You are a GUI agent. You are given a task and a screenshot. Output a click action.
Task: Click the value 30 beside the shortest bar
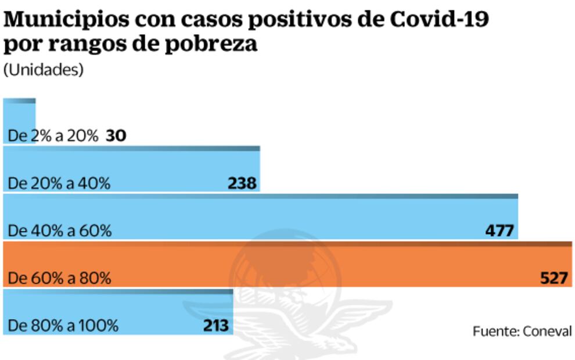click(x=116, y=136)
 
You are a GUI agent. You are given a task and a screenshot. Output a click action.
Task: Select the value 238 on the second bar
click(x=242, y=183)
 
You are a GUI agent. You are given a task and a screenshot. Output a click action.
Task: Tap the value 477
click(x=499, y=231)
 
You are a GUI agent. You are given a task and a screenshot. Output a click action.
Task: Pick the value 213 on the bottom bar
click(x=215, y=326)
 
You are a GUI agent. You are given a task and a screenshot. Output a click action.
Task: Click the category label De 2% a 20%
click(x=53, y=136)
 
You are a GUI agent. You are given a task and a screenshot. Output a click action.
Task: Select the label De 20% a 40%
click(x=59, y=183)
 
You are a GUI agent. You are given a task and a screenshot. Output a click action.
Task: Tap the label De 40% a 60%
click(x=59, y=231)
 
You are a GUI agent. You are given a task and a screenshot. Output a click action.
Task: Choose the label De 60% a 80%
click(x=59, y=278)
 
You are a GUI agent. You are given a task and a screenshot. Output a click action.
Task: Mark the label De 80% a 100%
click(x=63, y=326)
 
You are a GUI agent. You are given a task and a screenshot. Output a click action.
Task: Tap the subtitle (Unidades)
click(x=43, y=69)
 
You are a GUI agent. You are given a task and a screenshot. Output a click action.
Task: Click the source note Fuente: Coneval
click(x=522, y=331)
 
